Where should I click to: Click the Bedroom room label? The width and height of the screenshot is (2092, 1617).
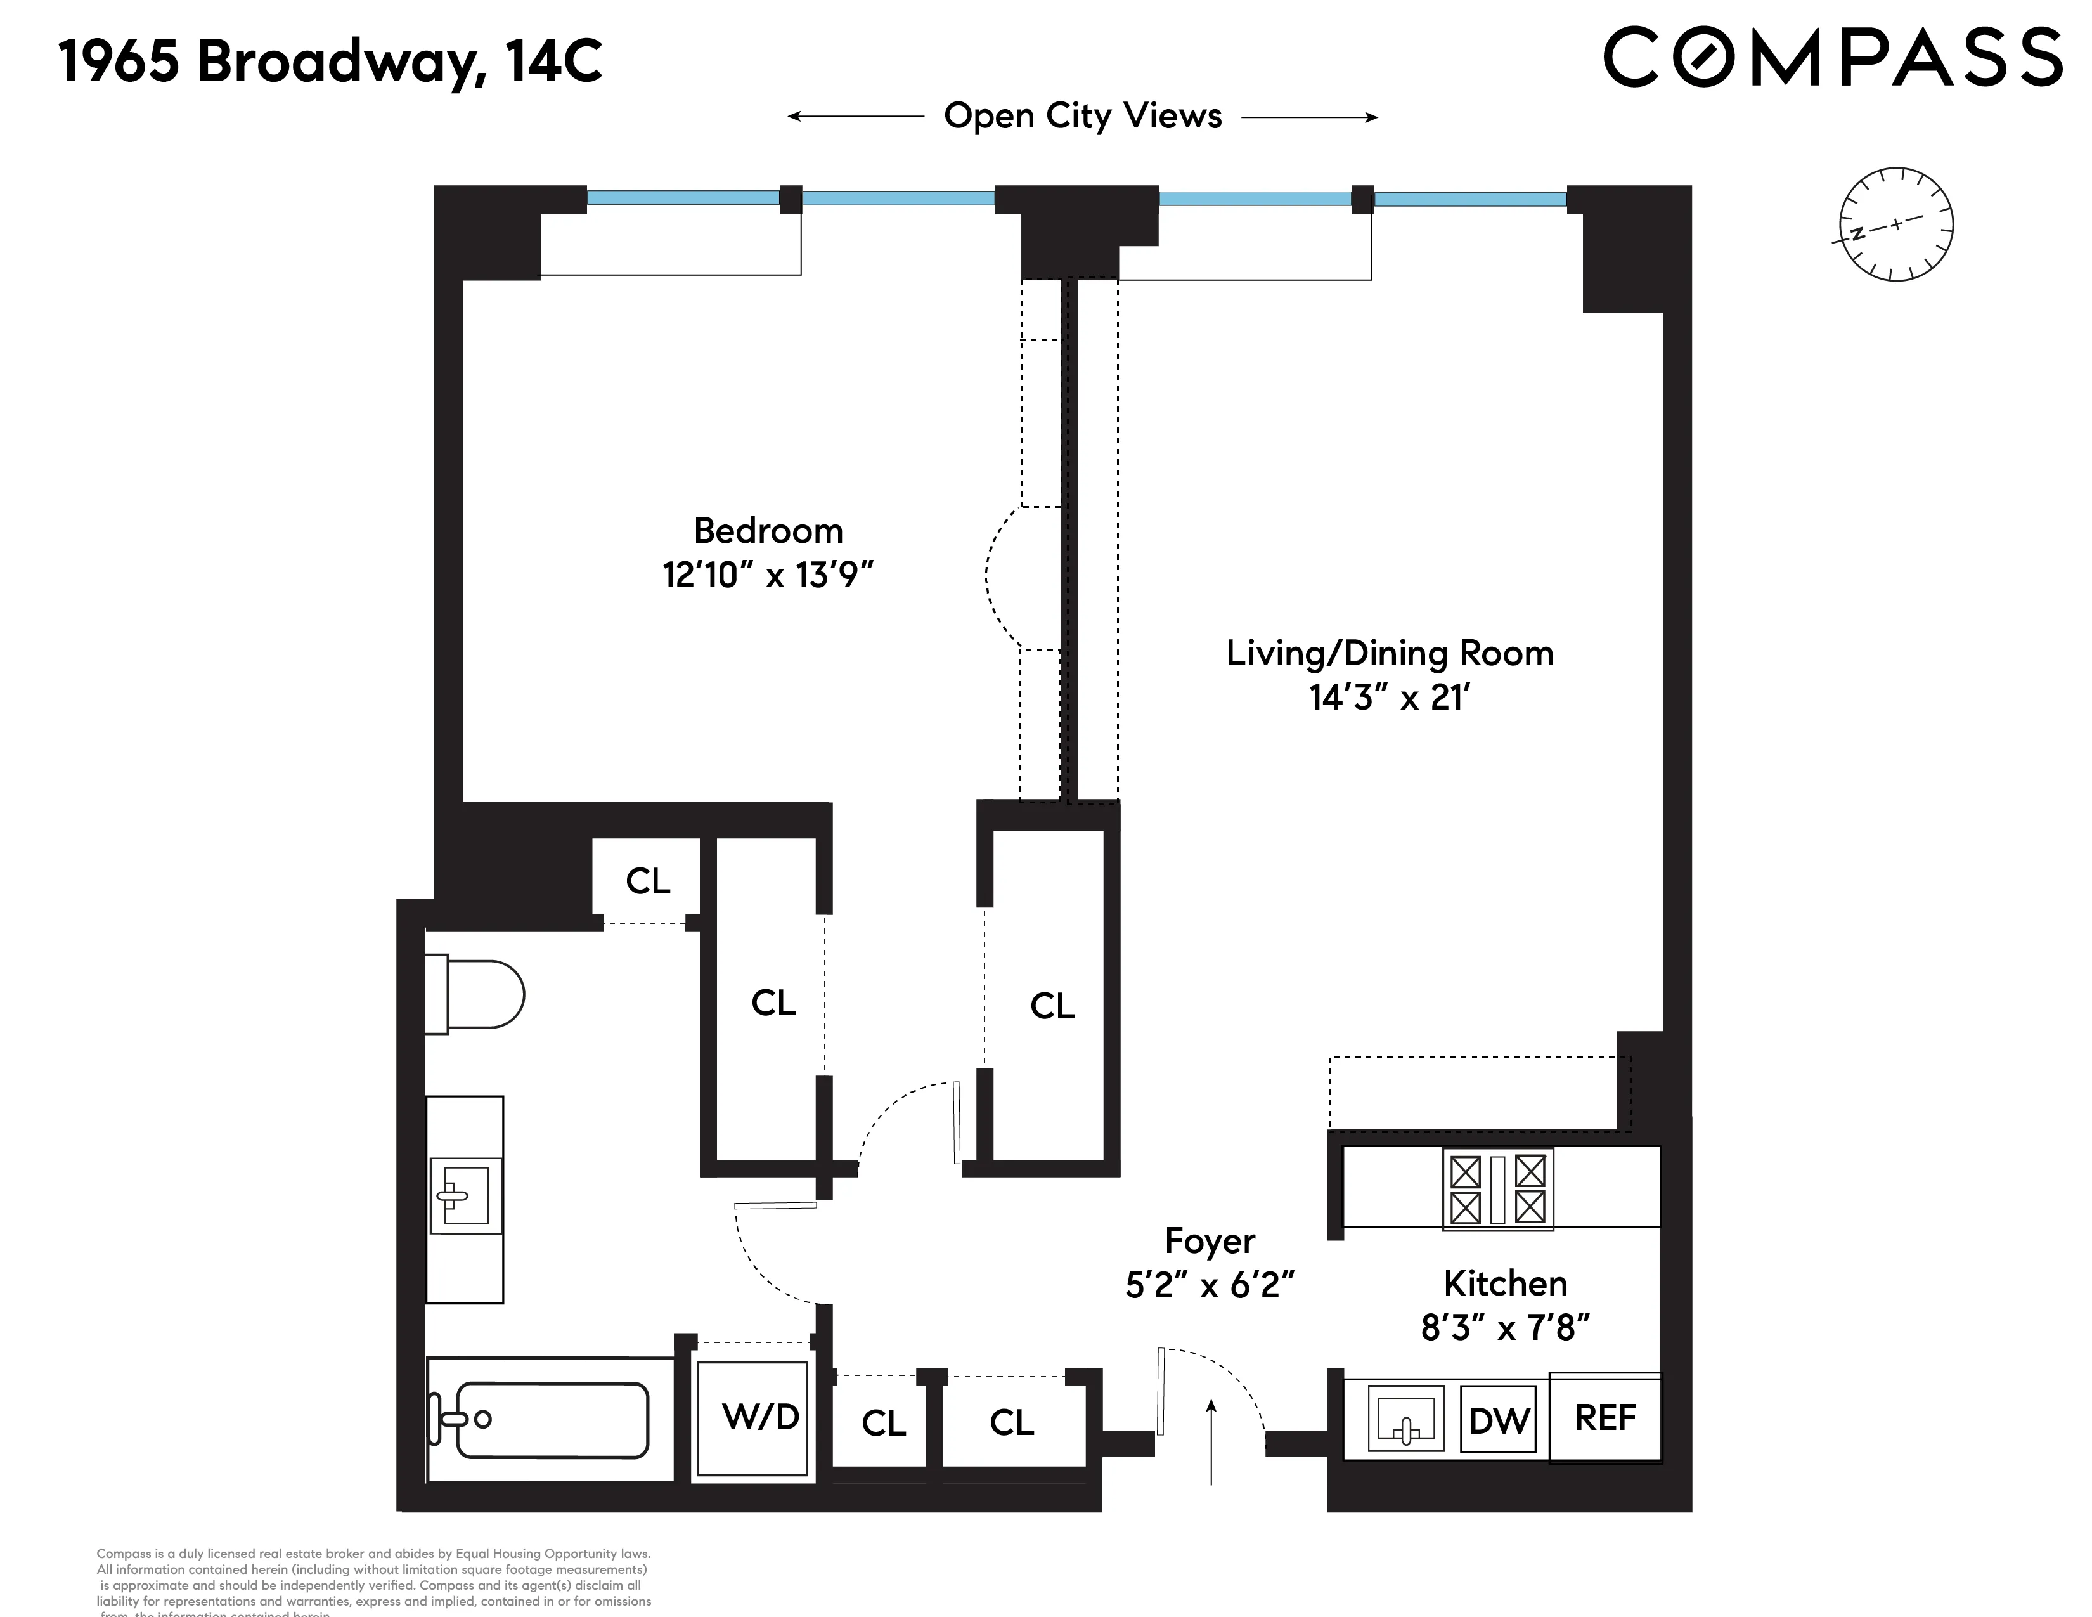click(768, 531)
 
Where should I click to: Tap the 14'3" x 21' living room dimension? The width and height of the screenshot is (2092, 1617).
click(1389, 698)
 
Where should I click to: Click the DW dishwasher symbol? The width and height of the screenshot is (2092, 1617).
click(1499, 1420)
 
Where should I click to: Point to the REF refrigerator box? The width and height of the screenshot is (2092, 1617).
click(1605, 1418)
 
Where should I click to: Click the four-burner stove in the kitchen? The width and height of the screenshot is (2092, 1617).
click(1497, 1189)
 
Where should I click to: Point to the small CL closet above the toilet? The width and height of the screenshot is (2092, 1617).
click(647, 880)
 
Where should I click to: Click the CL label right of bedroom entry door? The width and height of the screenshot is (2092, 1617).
click(1052, 1006)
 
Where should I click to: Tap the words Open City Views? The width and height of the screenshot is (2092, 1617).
click(1082, 116)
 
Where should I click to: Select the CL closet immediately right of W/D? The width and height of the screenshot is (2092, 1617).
click(883, 1422)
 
